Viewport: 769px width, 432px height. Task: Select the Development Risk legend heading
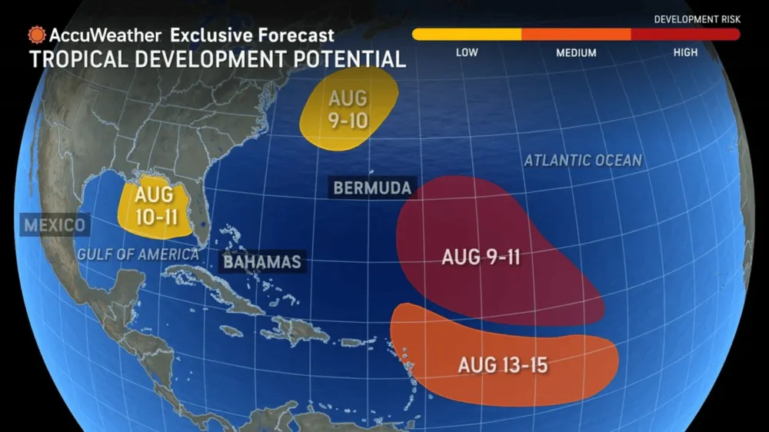[696, 18]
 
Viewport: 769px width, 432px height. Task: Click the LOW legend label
[467, 52]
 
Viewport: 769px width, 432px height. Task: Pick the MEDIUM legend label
[576, 52]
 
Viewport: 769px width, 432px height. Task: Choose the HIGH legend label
[685, 52]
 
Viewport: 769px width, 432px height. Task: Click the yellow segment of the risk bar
[467, 34]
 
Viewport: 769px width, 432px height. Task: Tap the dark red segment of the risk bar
[685, 34]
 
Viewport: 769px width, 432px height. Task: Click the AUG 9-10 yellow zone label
[348, 110]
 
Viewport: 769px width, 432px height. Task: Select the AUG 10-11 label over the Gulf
[155, 205]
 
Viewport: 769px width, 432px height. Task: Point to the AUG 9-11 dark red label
[481, 257]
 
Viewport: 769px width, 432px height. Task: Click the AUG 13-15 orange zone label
[502, 364]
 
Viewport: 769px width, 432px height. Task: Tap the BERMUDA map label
[371, 188]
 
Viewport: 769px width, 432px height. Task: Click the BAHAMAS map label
[261, 262]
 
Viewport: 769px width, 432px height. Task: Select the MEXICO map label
[54, 225]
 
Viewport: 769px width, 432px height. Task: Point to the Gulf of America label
[137, 254]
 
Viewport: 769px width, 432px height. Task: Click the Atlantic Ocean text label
[582, 160]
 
